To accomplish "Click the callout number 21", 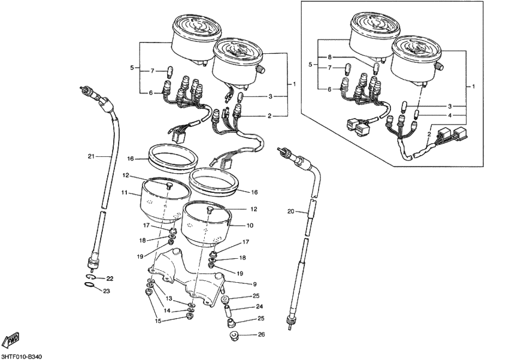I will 92,157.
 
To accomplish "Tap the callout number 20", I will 292,211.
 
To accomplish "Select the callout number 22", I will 109,279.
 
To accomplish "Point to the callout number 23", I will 107,291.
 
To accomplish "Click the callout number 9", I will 255,283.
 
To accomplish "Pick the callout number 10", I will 250,226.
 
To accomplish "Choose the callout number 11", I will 125,193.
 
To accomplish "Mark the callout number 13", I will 169,298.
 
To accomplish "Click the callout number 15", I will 158,321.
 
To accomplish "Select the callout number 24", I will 260,307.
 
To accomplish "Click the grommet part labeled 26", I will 235,335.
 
